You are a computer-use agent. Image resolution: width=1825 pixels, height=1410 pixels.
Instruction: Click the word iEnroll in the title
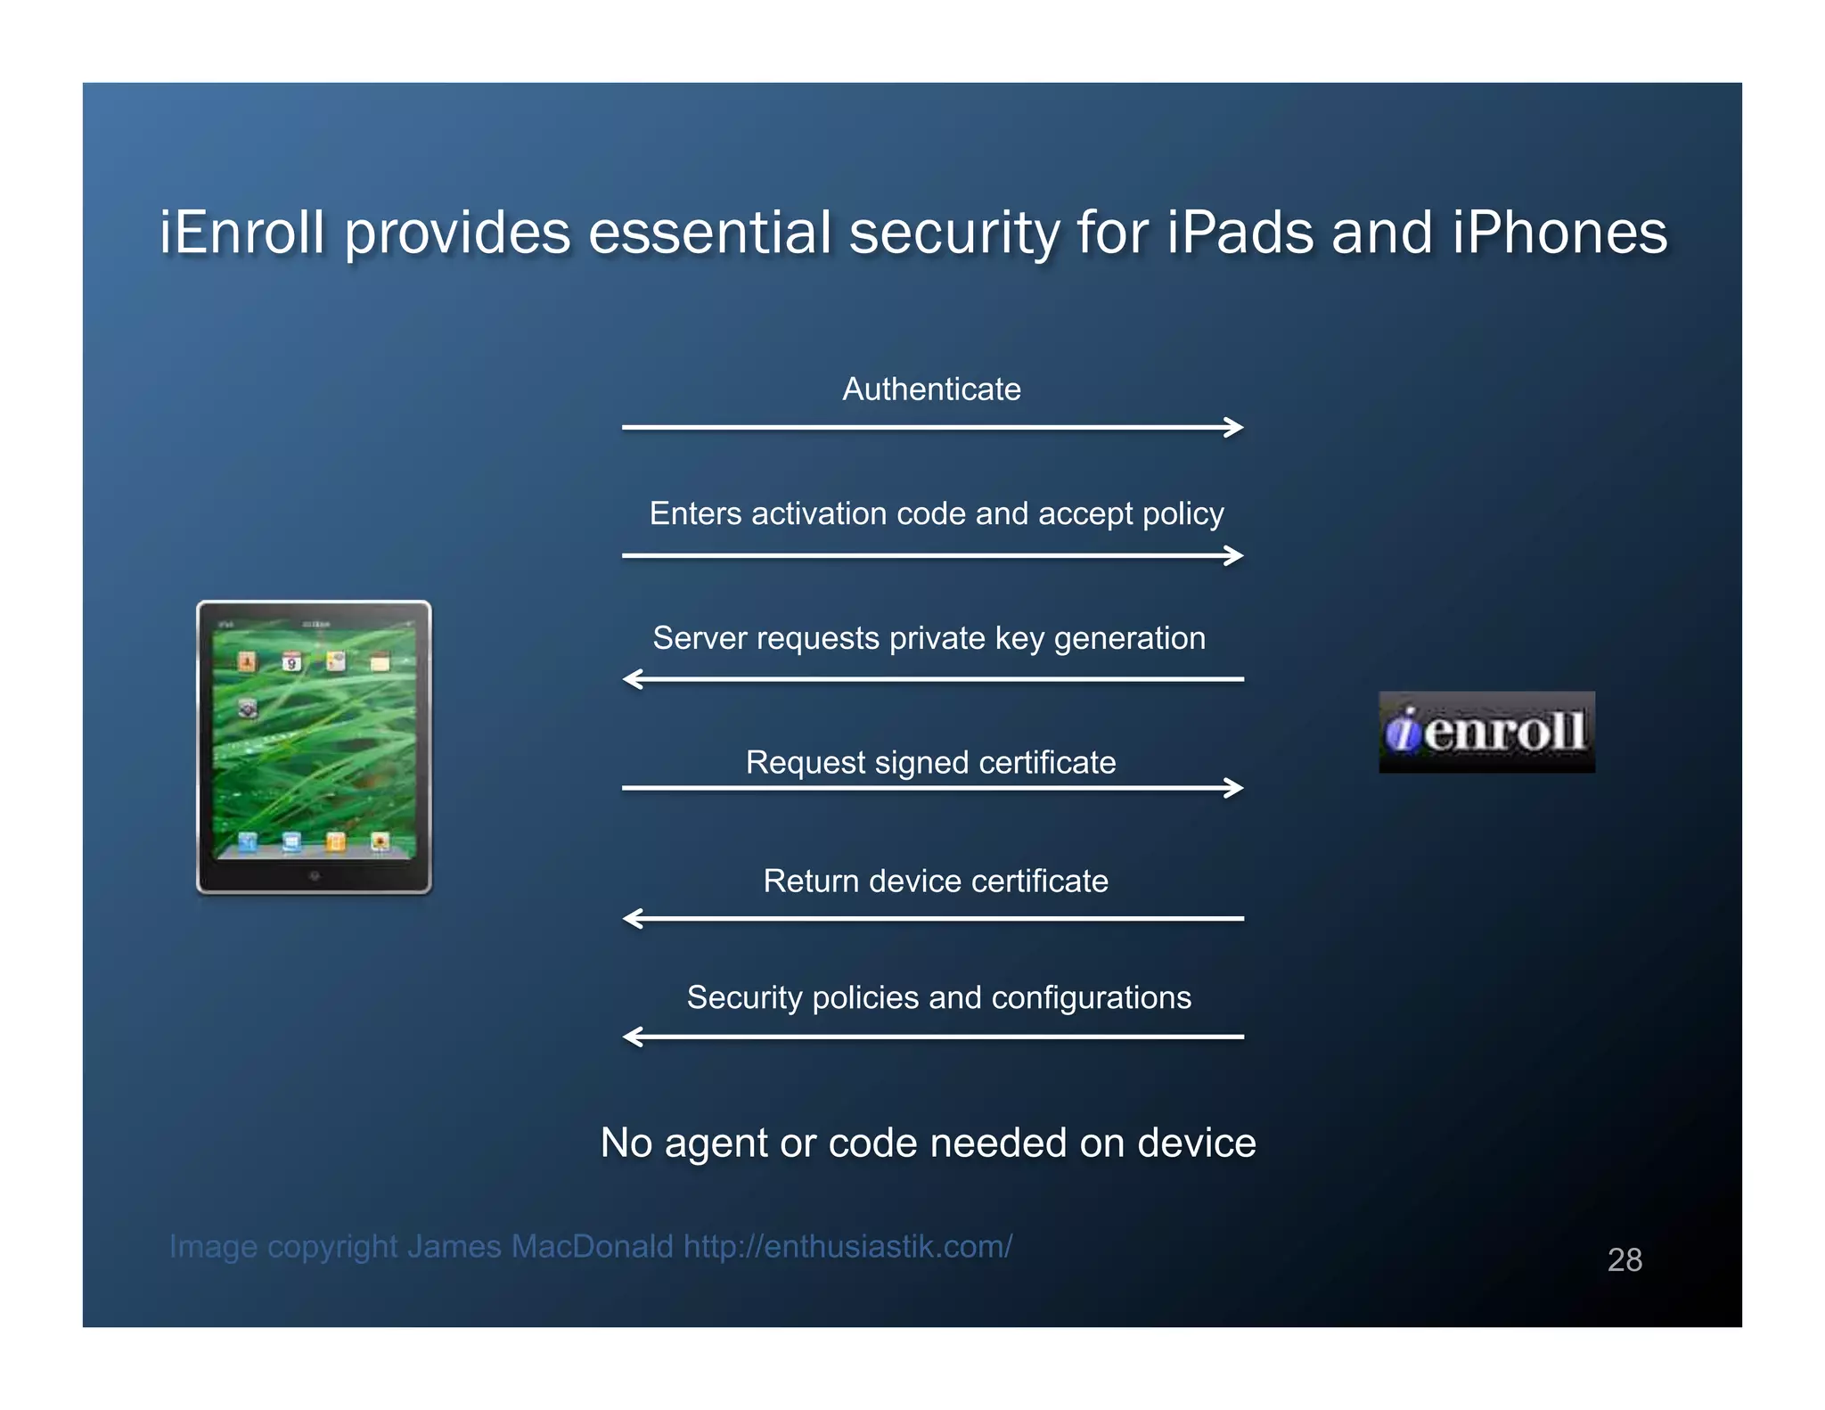tap(241, 234)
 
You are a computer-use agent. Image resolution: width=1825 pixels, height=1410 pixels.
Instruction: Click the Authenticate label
tap(931, 389)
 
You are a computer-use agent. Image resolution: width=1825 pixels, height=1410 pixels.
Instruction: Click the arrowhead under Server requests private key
tap(632, 680)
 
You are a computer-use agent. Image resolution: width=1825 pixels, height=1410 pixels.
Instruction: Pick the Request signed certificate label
tap(930, 763)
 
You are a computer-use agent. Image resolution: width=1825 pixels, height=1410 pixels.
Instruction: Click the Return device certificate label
tap(936, 881)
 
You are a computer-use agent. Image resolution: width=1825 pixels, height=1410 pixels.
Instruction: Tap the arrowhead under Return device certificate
tap(632, 919)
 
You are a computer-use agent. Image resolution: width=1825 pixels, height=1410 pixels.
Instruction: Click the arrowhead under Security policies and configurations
tap(632, 1037)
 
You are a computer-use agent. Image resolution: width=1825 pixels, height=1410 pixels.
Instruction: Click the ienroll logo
tap(1486, 733)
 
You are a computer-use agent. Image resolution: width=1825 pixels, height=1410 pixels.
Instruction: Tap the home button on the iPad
tap(314, 876)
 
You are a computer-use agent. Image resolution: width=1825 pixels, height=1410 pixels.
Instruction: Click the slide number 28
tap(1624, 1260)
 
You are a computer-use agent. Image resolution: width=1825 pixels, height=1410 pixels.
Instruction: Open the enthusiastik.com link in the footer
tap(847, 1247)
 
